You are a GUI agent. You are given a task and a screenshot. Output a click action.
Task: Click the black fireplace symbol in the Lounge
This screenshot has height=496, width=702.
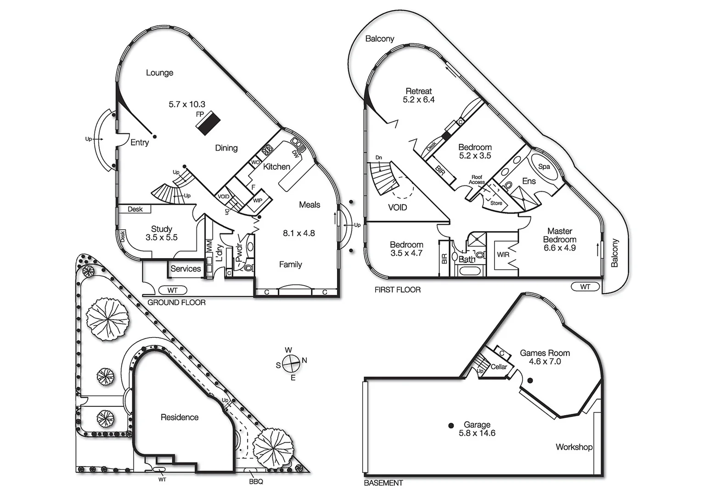point(208,123)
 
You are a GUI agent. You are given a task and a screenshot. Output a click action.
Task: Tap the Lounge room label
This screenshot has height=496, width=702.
point(159,73)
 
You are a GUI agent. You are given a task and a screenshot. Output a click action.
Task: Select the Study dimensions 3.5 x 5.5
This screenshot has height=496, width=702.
point(161,237)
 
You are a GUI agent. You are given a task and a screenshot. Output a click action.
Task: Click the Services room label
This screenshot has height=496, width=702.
point(185,269)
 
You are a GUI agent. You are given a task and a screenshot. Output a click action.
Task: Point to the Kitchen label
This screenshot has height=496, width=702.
point(276,167)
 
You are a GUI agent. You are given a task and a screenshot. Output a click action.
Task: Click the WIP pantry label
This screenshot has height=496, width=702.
point(258,201)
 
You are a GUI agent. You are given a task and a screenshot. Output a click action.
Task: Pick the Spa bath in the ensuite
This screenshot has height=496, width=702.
point(544,167)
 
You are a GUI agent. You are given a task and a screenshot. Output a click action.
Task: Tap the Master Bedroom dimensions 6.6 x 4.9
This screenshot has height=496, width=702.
point(560,248)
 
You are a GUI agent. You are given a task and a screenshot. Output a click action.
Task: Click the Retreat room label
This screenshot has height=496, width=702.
point(418,91)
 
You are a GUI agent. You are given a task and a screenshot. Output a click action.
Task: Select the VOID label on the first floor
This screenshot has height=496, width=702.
point(397,208)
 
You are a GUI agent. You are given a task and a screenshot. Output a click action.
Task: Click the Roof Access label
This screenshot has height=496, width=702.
point(477,180)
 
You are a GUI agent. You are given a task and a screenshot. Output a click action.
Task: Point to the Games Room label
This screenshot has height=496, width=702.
point(545,353)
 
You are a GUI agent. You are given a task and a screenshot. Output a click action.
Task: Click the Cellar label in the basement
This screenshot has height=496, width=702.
point(499,367)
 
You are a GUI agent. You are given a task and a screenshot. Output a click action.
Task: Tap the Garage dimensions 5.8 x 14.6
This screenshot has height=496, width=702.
point(477,433)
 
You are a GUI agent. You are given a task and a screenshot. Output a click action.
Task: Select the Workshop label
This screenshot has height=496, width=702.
point(573,447)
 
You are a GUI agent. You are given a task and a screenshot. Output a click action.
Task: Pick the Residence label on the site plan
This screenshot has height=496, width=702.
point(180,417)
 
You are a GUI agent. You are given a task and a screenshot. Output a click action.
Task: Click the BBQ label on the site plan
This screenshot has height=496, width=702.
point(256,482)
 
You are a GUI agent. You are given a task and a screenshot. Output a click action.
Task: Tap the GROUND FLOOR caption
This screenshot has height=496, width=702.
point(176,303)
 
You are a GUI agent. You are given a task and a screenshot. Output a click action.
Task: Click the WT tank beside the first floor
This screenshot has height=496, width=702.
point(585,287)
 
